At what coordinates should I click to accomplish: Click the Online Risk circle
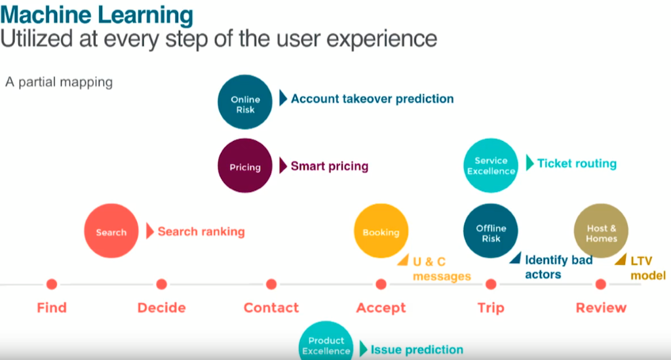[245, 102]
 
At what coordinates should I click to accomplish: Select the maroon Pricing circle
[245, 166]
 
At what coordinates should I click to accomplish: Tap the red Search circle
[111, 231]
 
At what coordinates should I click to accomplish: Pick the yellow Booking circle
[381, 231]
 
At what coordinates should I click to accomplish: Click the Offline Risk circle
[490, 231]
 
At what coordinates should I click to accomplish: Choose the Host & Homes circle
[601, 231]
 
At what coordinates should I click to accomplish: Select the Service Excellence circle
[490, 166]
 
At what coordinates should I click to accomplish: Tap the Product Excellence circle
[326, 341]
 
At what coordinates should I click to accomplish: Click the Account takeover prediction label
[372, 99]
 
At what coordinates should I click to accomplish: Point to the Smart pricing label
[330, 166]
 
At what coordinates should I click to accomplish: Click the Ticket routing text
[577, 163]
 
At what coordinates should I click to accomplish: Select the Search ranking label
[201, 231]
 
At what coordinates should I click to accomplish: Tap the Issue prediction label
[417, 350]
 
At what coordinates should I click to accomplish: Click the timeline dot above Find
[52, 284]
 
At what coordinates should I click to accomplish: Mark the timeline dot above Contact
[271, 284]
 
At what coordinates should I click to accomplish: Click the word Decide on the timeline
[161, 308]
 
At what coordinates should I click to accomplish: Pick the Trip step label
[491, 308]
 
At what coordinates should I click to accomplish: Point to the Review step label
[601, 308]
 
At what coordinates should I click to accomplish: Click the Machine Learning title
[97, 14]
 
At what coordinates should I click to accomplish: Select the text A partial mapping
[59, 82]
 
